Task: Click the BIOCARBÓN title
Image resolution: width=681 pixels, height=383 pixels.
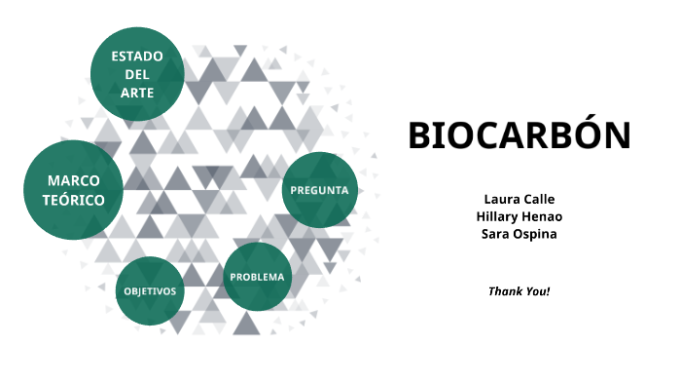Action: pyautogui.click(x=520, y=136)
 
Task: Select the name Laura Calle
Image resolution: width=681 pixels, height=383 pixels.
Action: pyautogui.click(x=519, y=200)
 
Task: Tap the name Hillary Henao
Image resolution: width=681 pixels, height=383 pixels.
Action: pyautogui.click(x=519, y=216)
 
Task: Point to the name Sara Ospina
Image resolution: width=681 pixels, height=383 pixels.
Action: pyautogui.click(x=519, y=234)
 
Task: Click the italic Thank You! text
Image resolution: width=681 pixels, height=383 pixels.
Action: pyautogui.click(x=519, y=291)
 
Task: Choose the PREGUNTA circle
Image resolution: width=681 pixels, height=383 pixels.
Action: pyautogui.click(x=319, y=190)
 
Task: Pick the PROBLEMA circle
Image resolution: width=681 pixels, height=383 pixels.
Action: pyautogui.click(x=258, y=277)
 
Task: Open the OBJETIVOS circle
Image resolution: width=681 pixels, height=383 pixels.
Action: pyautogui.click(x=150, y=291)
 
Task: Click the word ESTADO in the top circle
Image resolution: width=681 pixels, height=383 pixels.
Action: pyautogui.click(x=137, y=56)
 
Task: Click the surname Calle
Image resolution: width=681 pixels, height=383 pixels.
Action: pyautogui.click(x=537, y=200)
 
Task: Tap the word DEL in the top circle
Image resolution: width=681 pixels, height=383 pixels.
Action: pyautogui.click(x=137, y=74)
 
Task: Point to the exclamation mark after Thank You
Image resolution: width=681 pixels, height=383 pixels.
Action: pyautogui.click(x=548, y=291)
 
